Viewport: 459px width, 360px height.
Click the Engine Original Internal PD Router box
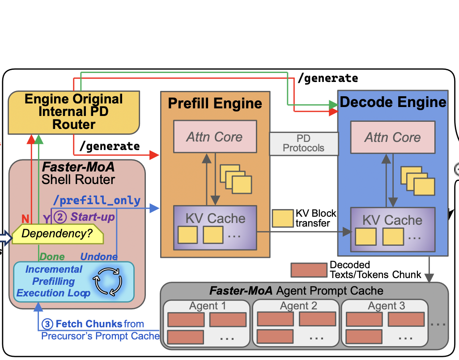74,112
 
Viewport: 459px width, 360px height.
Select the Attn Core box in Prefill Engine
215,136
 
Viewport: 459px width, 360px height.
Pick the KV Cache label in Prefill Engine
215,219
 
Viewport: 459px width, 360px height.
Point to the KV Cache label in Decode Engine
392,220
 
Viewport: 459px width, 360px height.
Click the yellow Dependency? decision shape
58,234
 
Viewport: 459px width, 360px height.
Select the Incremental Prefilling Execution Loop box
73,281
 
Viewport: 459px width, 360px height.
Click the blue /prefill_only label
97,201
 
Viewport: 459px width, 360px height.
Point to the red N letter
25,219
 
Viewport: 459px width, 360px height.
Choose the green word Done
52,257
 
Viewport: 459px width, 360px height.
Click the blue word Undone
99,257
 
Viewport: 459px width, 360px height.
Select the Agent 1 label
208,306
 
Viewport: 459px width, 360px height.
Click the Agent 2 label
298,306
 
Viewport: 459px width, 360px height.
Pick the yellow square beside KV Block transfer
283,218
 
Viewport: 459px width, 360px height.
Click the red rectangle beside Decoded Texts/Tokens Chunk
309,270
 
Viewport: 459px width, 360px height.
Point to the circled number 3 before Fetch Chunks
47,324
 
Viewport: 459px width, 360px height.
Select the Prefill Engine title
215,103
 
